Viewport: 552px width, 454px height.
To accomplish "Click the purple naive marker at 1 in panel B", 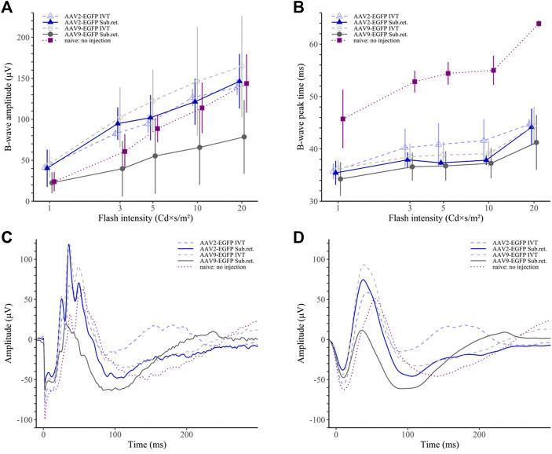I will pos(342,119).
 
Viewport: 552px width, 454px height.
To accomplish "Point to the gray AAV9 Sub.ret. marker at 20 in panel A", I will pos(244,137).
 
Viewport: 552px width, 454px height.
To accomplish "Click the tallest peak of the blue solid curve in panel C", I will pos(69,245).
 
